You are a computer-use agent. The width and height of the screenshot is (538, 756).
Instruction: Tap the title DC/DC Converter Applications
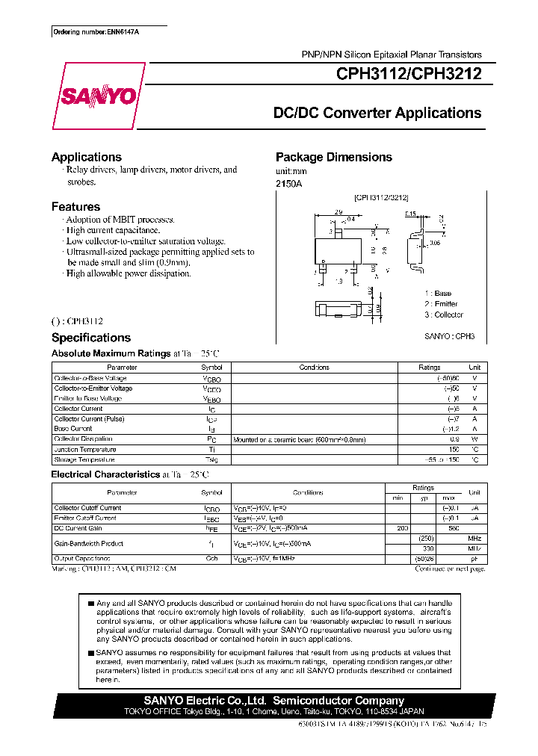point(377,114)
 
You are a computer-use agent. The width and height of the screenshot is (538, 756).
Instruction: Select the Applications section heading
point(87,157)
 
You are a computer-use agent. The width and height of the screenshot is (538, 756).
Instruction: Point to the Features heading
point(75,206)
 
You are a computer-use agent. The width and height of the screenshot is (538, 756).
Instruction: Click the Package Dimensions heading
point(333,157)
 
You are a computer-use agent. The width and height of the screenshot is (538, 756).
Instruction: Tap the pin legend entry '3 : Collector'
point(444,315)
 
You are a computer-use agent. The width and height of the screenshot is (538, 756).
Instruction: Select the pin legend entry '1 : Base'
point(438,294)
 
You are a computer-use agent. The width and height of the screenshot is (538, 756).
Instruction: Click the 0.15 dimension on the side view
point(411,214)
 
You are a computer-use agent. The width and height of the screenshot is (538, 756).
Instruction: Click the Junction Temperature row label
point(84,450)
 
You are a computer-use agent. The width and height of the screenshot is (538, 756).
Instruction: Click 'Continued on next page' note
point(449,568)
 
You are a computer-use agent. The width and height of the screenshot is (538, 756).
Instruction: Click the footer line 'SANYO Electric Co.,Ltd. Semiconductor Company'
point(273,701)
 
